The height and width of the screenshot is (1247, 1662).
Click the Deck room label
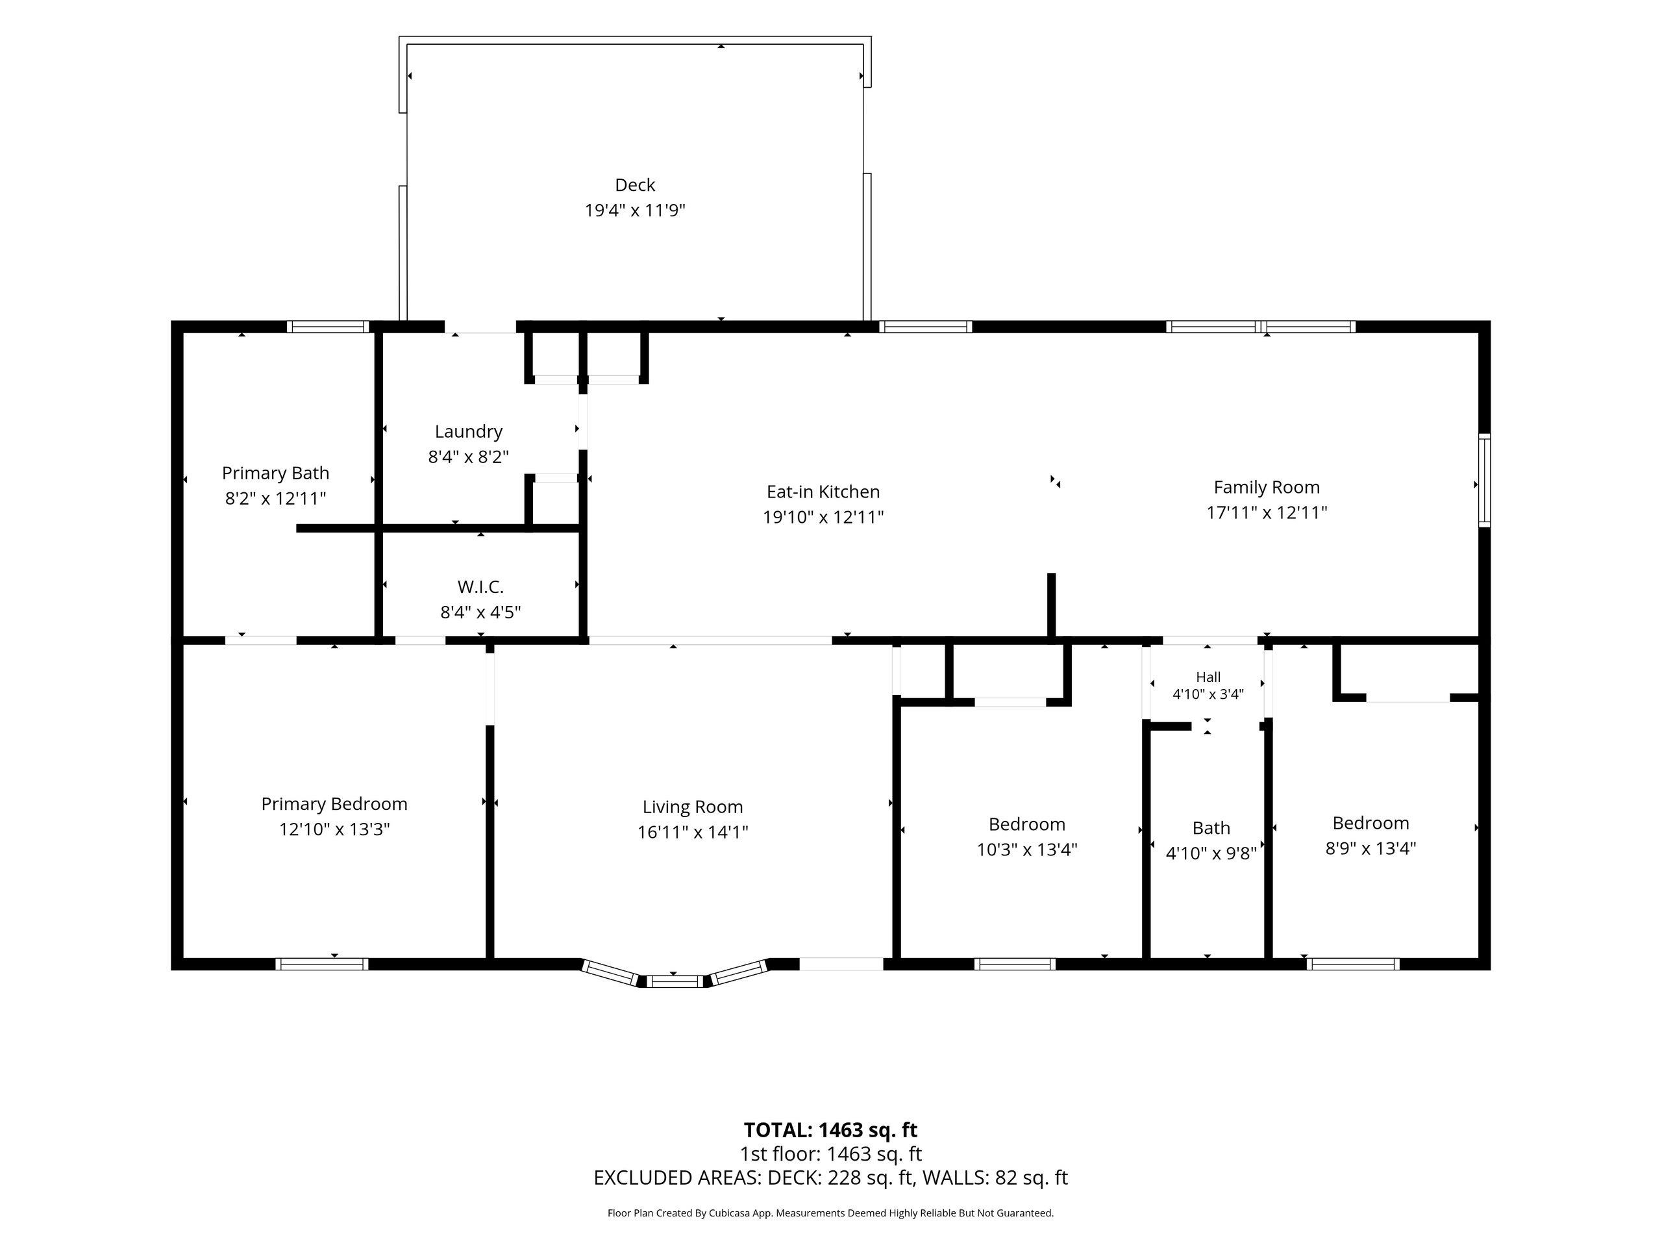coord(635,185)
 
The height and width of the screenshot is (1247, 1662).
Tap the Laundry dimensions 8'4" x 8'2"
coord(469,457)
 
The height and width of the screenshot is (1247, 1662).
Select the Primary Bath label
coord(276,473)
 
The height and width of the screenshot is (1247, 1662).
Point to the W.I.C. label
coord(480,586)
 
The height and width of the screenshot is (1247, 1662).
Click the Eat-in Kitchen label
coord(823,492)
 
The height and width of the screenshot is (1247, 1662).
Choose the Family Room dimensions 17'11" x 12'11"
coord(1267,512)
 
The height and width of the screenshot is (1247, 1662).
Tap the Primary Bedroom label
coord(334,804)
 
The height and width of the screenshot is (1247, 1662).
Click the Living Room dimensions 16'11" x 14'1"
coord(693,832)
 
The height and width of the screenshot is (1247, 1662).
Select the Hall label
coord(1208,677)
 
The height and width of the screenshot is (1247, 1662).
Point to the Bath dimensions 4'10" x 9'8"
coord(1211,853)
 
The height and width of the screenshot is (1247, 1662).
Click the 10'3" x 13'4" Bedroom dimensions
coord(1027,850)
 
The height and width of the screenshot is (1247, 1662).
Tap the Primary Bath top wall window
coord(329,327)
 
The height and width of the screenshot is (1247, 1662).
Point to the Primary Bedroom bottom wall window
coord(321,964)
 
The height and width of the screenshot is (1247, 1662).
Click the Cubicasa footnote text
coord(830,1213)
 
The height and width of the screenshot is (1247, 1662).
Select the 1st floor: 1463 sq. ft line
coord(830,1153)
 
